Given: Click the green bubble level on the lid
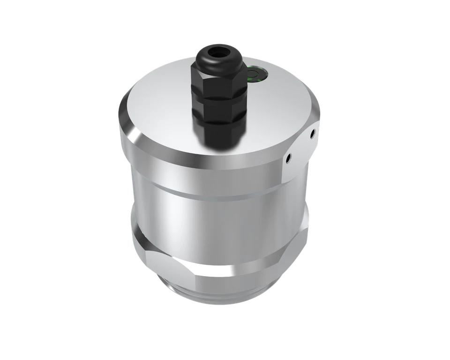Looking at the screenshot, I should [255, 74].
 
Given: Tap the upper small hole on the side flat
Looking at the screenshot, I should [311, 134].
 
